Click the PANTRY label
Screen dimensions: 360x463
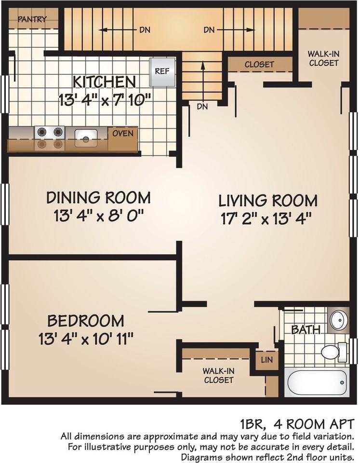(32, 19)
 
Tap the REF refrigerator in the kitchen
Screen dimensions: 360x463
(162, 71)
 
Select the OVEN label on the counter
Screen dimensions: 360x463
(123, 133)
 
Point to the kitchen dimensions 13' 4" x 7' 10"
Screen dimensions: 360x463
(105, 100)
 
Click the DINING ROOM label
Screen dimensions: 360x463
(98, 198)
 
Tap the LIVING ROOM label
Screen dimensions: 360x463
(267, 201)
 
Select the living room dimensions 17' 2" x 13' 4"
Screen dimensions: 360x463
(266, 219)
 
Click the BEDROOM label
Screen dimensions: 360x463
(86, 321)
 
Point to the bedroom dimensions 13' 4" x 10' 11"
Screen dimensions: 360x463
(86, 339)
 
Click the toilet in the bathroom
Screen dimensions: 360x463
(333, 352)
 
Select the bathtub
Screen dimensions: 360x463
(317, 382)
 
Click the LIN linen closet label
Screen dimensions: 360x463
(267, 360)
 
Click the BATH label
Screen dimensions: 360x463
(306, 329)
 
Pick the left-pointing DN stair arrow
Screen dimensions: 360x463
(118, 30)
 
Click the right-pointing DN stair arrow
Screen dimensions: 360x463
(236, 30)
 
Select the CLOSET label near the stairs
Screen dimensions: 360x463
(259, 64)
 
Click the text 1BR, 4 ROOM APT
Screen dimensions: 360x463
(297, 424)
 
